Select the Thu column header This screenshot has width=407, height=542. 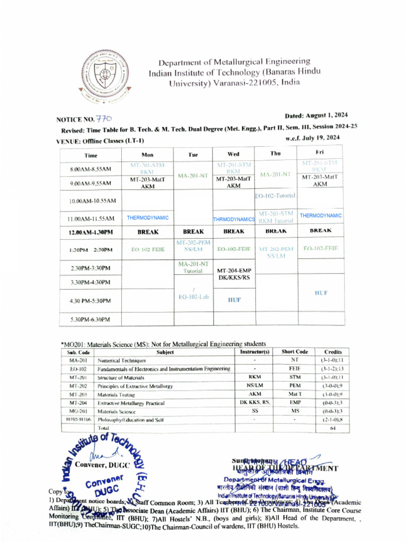click(x=275, y=153)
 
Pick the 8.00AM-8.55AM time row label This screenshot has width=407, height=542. click(x=91, y=169)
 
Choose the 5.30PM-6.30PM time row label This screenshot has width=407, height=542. click(x=91, y=319)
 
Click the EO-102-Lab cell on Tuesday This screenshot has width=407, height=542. click(x=193, y=297)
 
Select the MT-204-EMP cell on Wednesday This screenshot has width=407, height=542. click(x=234, y=271)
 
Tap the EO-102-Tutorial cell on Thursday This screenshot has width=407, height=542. click(x=275, y=196)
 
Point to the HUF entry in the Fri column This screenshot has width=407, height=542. click(x=321, y=293)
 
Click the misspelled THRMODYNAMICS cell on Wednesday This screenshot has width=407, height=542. click(x=234, y=219)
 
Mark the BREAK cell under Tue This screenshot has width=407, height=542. click(x=193, y=231)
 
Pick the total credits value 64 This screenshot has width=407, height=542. click(x=332, y=428)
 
